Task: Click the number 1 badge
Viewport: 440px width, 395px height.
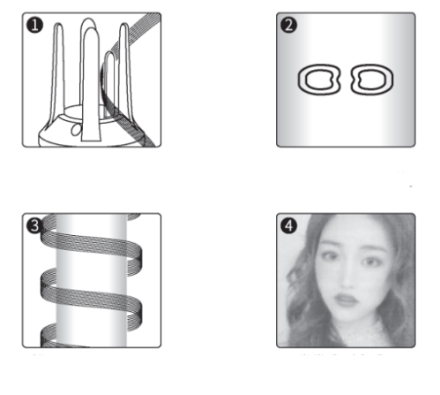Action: point(34,25)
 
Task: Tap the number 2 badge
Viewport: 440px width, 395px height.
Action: point(288,25)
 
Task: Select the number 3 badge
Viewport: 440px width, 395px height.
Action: point(34,226)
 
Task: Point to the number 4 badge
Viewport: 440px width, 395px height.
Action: point(288,226)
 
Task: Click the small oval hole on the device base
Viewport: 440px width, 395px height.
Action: point(76,130)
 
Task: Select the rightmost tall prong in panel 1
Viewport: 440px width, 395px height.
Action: point(125,73)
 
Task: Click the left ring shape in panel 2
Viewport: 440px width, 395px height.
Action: point(301,80)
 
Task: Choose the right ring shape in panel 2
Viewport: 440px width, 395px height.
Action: point(391,80)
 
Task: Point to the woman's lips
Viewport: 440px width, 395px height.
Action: point(347,300)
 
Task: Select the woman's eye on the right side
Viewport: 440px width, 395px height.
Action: point(371,262)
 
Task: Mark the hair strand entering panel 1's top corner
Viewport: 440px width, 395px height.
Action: point(138,29)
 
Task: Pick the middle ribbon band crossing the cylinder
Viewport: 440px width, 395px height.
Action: point(91,298)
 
